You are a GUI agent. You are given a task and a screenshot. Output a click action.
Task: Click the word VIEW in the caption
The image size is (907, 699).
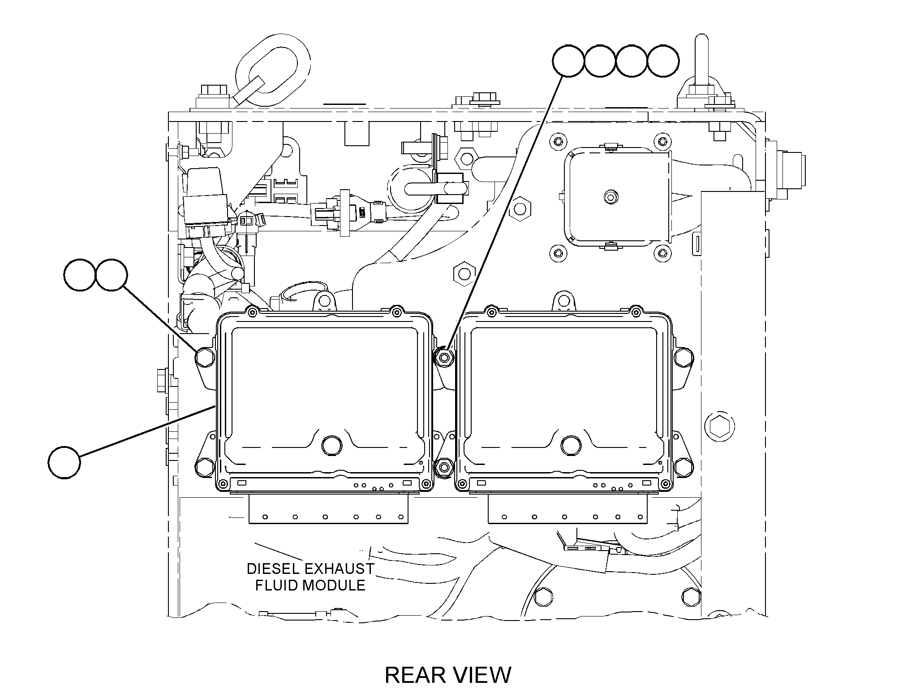(482, 675)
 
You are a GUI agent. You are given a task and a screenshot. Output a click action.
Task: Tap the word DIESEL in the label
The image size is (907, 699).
(273, 569)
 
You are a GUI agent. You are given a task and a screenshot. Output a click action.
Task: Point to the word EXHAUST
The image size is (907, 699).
(340, 569)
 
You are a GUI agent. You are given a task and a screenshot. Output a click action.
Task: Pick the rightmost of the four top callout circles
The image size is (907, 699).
(663, 61)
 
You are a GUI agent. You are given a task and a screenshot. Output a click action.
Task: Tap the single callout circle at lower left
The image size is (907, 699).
(64, 462)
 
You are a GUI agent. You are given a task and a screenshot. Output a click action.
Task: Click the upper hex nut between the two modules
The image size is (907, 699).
(444, 357)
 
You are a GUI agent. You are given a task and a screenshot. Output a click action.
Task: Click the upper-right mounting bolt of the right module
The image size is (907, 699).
(683, 357)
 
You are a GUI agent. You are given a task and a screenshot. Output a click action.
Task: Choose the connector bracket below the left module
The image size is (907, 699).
(329, 508)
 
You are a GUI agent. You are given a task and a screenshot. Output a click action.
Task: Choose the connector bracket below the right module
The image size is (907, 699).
(568, 508)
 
